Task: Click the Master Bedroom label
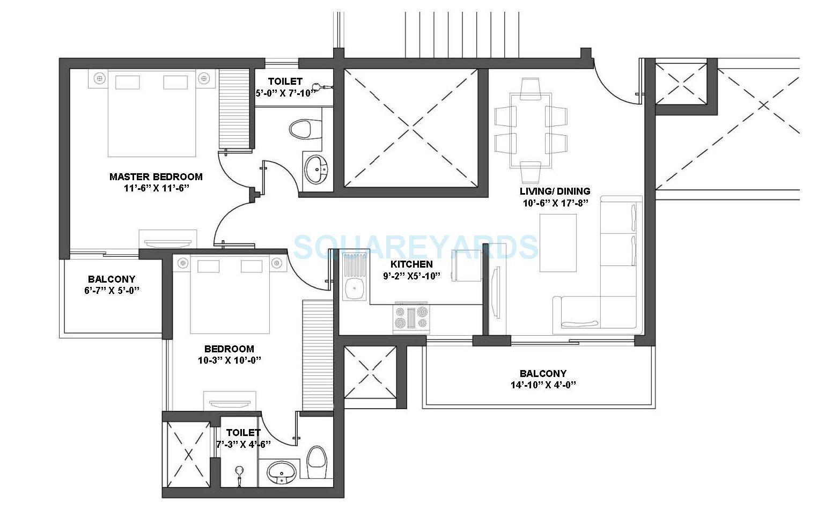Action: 156,176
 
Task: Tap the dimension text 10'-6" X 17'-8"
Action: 555,203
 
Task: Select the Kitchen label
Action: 411,264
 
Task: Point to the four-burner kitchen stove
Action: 411,317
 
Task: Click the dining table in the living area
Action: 531,130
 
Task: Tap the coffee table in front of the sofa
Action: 558,243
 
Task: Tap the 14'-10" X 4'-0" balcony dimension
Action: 543,385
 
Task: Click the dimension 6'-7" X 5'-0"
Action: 112,291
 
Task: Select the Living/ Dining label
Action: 555,191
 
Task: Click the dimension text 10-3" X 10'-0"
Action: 229,360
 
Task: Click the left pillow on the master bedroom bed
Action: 128,82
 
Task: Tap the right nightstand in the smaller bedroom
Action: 276,263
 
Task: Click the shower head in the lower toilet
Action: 239,472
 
